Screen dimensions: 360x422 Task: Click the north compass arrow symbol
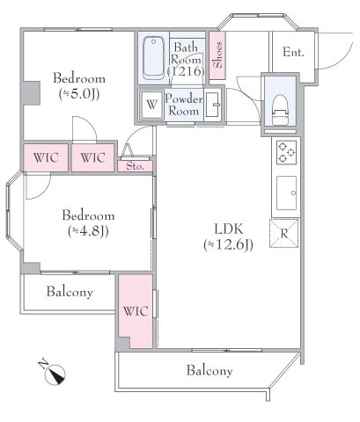click(x=55, y=375)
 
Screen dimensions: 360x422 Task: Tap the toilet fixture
click(x=280, y=110)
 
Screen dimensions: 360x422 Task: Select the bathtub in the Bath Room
click(x=153, y=57)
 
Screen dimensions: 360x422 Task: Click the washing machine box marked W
click(x=151, y=105)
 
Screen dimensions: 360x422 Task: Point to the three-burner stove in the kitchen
click(x=286, y=152)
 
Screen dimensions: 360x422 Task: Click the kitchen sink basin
click(x=286, y=193)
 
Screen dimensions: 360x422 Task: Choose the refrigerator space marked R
click(x=284, y=234)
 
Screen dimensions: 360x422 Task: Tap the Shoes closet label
click(x=217, y=55)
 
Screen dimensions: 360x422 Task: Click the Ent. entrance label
click(x=293, y=52)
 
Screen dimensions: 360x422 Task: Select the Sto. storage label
click(x=136, y=166)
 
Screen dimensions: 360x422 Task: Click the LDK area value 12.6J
click(x=228, y=245)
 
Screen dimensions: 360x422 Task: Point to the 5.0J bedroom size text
click(x=79, y=94)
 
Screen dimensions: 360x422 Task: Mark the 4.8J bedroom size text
click(x=88, y=231)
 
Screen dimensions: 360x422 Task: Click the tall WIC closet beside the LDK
click(x=136, y=311)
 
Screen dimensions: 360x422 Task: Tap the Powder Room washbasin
click(x=212, y=105)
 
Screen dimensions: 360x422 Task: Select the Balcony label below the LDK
click(x=209, y=371)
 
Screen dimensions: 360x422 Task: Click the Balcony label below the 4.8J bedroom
click(x=70, y=292)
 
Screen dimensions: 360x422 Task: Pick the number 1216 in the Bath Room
click(x=186, y=71)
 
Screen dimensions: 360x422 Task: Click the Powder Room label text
click(x=184, y=105)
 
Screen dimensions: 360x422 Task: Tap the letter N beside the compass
click(x=43, y=364)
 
